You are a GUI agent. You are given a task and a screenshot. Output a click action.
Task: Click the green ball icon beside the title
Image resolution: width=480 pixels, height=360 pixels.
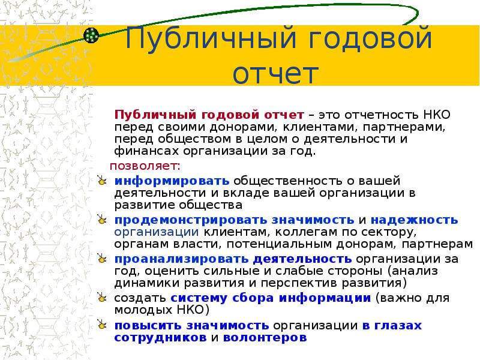click(91, 35)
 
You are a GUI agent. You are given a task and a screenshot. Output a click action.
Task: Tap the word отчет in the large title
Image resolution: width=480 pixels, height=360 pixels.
click(275, 74)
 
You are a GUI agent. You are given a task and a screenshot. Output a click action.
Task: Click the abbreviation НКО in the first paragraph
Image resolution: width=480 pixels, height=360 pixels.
click(437, 115)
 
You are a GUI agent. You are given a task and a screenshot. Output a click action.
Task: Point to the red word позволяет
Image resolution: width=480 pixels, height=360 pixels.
click(143, 166)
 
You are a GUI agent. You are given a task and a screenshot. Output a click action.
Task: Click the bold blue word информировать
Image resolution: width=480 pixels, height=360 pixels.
click(172, 181)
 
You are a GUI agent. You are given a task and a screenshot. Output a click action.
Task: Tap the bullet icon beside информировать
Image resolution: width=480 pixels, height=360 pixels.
click(101, 180)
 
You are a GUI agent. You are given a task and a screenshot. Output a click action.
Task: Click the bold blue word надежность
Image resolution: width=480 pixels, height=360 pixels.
click(414, 220)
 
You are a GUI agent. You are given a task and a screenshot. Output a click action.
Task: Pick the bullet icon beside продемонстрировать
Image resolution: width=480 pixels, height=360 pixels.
click(101, 219)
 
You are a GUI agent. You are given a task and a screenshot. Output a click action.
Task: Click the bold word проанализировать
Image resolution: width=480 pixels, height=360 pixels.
click(181, 259)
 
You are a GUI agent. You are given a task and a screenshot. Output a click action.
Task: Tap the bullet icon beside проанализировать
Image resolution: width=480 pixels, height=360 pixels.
click(101, 259)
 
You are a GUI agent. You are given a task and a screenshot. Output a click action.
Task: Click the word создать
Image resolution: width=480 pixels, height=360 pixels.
click(140, 298)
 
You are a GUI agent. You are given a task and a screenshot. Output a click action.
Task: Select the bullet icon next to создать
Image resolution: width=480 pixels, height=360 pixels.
click(101, 297)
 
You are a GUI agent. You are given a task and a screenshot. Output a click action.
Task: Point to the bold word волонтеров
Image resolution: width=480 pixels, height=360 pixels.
click(265, 338)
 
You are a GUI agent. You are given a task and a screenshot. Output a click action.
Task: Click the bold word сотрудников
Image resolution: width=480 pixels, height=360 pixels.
click(160, 338)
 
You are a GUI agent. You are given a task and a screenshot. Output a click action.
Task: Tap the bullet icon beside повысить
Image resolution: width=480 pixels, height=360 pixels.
click(101, 325)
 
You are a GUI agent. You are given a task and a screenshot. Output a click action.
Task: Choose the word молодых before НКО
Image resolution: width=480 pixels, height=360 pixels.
click(143, 310)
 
